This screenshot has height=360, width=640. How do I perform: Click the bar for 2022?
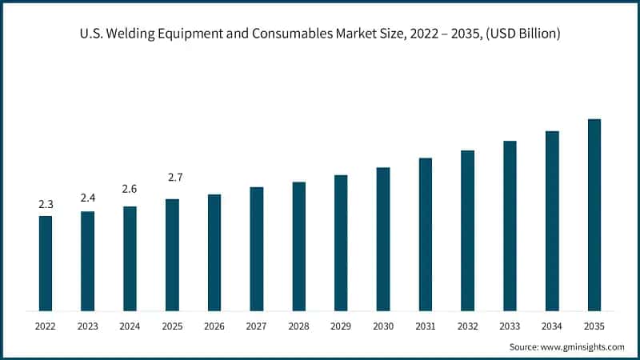pyautogui.click(x=46, y=263)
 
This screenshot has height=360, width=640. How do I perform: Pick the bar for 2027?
pyautogui.click(x=257, y=249)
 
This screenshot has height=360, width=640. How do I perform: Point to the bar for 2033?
pyautogui.click(x=510, y=226)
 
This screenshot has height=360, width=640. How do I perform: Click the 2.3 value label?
pyautogui.click(x=46, y=205)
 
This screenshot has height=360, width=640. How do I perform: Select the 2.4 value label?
pyautogui.click(x=88, y=198)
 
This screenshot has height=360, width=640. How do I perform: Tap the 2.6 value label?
pyautogui.click(x=130, y=189)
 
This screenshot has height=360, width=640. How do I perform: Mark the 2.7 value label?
pyautogui.click(x=172, y=177)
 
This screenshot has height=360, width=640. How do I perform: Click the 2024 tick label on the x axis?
pyautogui.click(x=130, y=326)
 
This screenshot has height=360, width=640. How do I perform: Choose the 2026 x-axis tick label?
pyautogui.click(x=214, y=326)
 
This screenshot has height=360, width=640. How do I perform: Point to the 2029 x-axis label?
pyautogui.click(x=341, y=326)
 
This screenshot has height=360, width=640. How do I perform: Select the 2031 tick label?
pyautogui.click(x=426, y=326)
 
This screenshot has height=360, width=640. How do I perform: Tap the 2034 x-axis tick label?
pyautogui.click(x=552, y=326)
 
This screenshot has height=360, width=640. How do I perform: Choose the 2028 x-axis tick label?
pyautogui.click(x=298, y=326)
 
